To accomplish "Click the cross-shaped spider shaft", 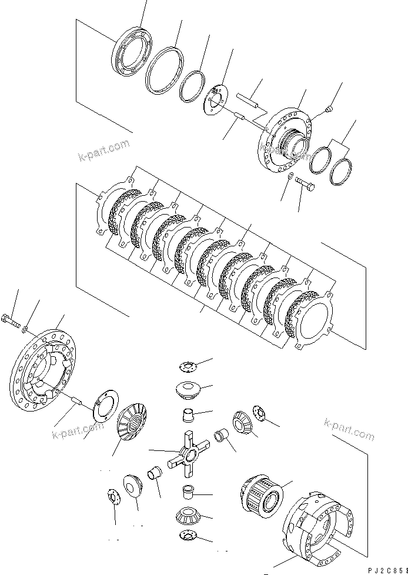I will pos(188,453).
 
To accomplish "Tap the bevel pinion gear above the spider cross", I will pos(188,390).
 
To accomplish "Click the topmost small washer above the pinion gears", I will pos(188,367).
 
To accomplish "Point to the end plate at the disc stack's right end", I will pos(315,322).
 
